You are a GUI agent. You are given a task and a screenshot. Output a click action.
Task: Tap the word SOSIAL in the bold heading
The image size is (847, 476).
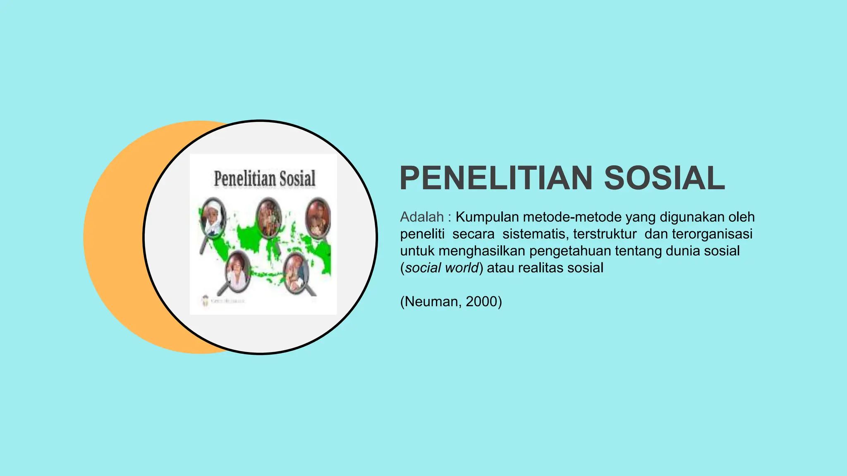click(x=664, y=178)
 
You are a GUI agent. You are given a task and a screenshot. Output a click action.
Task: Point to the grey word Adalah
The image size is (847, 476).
click(x=422, y=217)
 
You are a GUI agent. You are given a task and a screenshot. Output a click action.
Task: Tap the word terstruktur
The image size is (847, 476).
click(x=605, y=234)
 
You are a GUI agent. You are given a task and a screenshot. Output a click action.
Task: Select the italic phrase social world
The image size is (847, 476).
click(x=442, y=268)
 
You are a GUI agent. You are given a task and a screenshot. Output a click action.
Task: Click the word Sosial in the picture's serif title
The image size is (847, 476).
click(x=297, y=179)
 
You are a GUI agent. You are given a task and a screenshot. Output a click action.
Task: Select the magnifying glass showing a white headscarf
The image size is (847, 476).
click(x=213, y=218)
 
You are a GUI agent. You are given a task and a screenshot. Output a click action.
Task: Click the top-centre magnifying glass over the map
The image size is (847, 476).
click(x=269, y=217)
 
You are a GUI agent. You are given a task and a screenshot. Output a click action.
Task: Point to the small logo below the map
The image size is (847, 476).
click(x=206, y=301)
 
